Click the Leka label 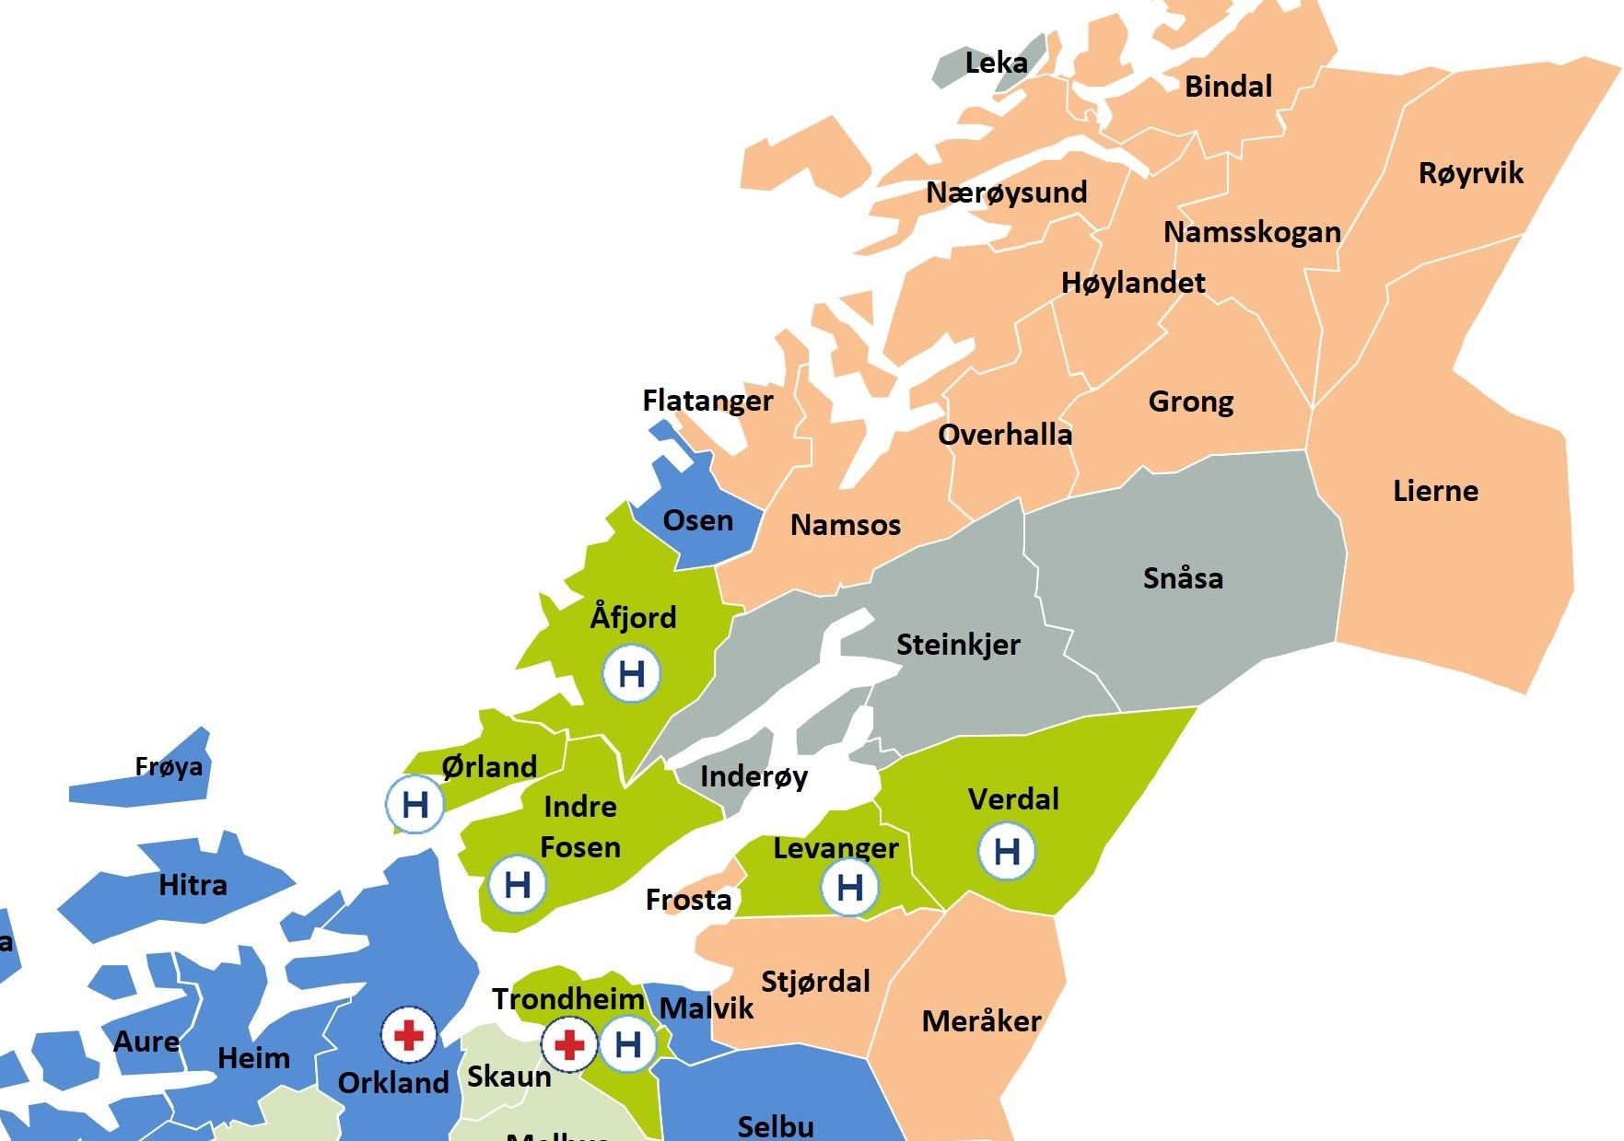click(996, 63)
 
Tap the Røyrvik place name click(1470, 173)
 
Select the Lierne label click(1435, 491)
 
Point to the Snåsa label click(1183, 578)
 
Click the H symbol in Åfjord click(632, 674)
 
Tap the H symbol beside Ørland click(415, 805)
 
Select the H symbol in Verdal click(1007, 851)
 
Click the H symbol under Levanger click(849, 888)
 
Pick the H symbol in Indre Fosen click(518, 885)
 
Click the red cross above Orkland click(409, 1035)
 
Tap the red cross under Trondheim click(569, 1044)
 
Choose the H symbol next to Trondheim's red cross click(628, 1044)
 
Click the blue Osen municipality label click(698, 520)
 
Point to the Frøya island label click(169, 766)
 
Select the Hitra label click(193, 885)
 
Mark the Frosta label click(688, 900)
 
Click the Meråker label click(981, 1021)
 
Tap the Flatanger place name click(707, 401)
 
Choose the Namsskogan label click(1252, 232)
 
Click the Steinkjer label click(958, 645)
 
